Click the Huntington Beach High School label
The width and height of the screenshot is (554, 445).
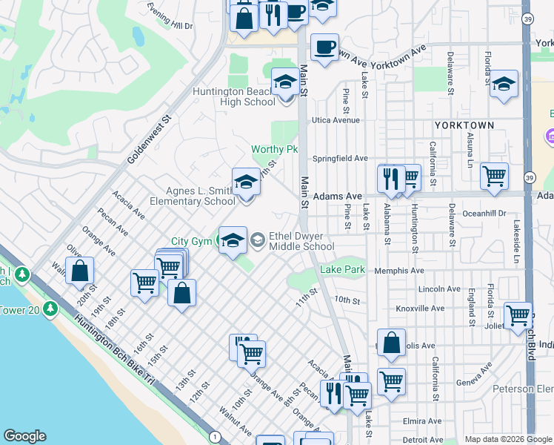[233, 97]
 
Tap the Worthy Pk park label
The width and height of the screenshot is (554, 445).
[273, 150]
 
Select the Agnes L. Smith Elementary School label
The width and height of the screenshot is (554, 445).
[192, 195]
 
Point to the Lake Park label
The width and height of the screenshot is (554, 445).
[342, 270]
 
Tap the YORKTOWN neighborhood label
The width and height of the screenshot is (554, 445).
[464, 125]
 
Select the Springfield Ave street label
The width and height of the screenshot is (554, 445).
[339, 159]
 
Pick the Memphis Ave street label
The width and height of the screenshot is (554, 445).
[398, 271]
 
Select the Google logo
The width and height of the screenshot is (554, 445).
[24, 436]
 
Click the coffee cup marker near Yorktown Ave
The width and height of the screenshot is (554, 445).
[324, 47]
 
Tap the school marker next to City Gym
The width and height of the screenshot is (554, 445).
[233, 240]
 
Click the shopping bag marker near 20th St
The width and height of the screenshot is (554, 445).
[79, 271]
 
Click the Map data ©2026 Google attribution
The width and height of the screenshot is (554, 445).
[507, 439]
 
